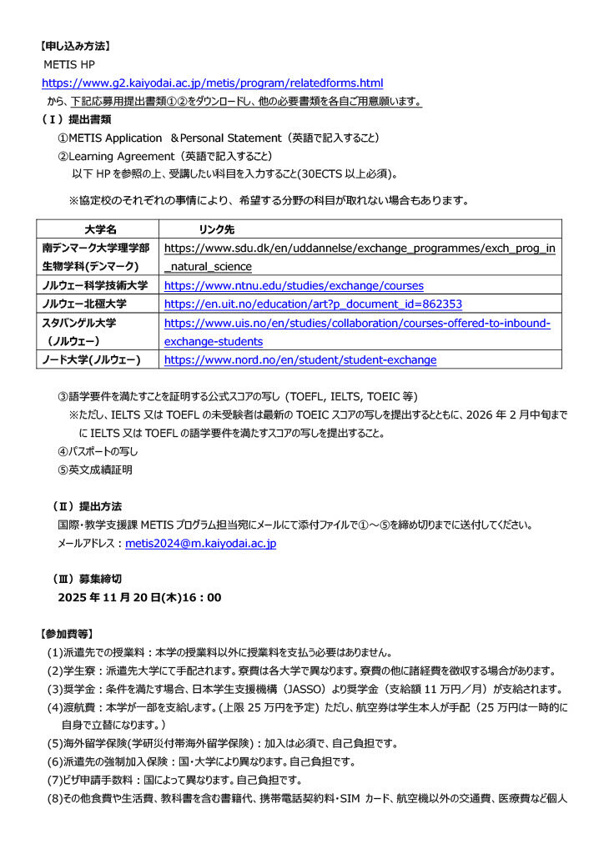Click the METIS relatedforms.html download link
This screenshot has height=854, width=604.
213,83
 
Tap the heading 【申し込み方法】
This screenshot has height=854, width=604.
77,45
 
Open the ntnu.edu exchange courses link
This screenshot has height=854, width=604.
294,285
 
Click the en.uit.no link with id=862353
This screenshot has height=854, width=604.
313,304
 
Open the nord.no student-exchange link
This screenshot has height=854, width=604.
299,360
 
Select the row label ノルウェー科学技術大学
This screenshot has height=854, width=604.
95,285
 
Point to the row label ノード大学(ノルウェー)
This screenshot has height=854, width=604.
92,360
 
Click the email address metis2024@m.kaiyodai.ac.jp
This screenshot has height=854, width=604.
200,543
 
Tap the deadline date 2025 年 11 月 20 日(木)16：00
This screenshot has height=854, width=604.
139,597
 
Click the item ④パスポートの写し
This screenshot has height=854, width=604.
98,451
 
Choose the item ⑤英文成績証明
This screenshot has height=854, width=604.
94,470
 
